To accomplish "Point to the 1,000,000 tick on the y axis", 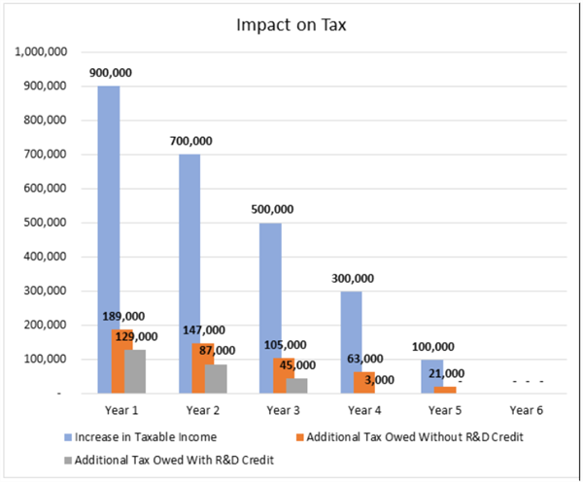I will tap(40, 52).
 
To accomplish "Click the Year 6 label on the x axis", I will tap(527, 411).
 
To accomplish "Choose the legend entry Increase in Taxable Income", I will tap(143, 436).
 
